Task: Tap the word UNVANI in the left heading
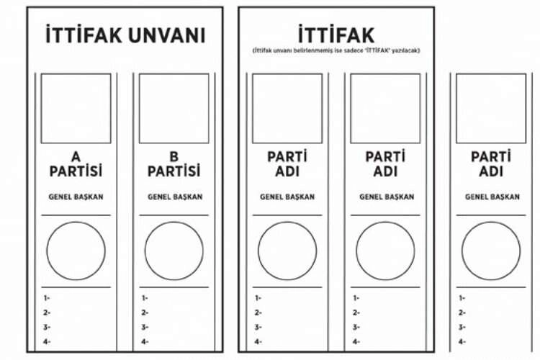click(x=167, y=35)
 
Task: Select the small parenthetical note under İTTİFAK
click(x=336, y=50)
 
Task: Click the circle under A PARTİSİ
click(x=76, y=222)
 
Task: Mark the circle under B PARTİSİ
click(x=174, y=222)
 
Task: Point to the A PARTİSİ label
click(x=76, y=164)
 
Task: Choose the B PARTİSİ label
click(x=174, y=164)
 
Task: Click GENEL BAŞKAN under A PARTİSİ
click(x=76, y=197)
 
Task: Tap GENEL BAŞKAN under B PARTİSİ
click(x=175, y=197)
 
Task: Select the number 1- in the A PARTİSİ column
click(x=47, y=298)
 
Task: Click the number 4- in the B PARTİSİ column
click(x=145, y=342)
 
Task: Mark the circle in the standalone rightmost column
click(x=491, y=222)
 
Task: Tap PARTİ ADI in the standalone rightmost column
click(x=491, y=164)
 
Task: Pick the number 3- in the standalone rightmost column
click(x=462, y=328)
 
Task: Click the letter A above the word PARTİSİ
click(x=76, y=157)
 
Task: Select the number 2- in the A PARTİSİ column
click(x=47, y=312)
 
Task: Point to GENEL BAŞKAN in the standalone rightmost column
click(x=492, y=197)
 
